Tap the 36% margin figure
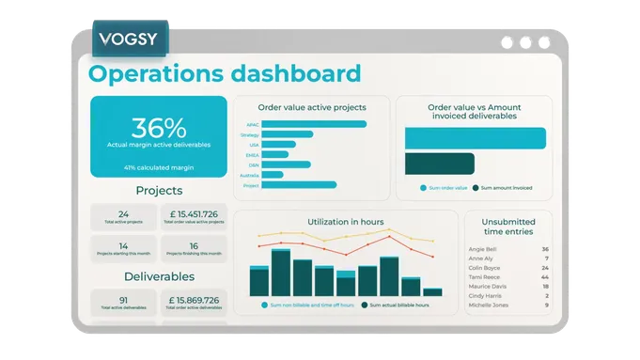click(x=158, y=128)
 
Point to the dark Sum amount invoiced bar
click(x=440, y=164)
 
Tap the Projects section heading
click(x=159, y=191)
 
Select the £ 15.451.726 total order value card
click(x=194, y=217)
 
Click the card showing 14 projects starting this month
click(x=123, y=248)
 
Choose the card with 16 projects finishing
click(x=194, y=248)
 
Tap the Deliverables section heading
click(x=159, y=277)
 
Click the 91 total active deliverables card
click(x=123, y=303)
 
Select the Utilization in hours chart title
click(x=345, y=223)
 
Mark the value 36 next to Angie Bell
click(x=545, y=250)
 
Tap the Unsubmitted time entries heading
click(x=507, y=226)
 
